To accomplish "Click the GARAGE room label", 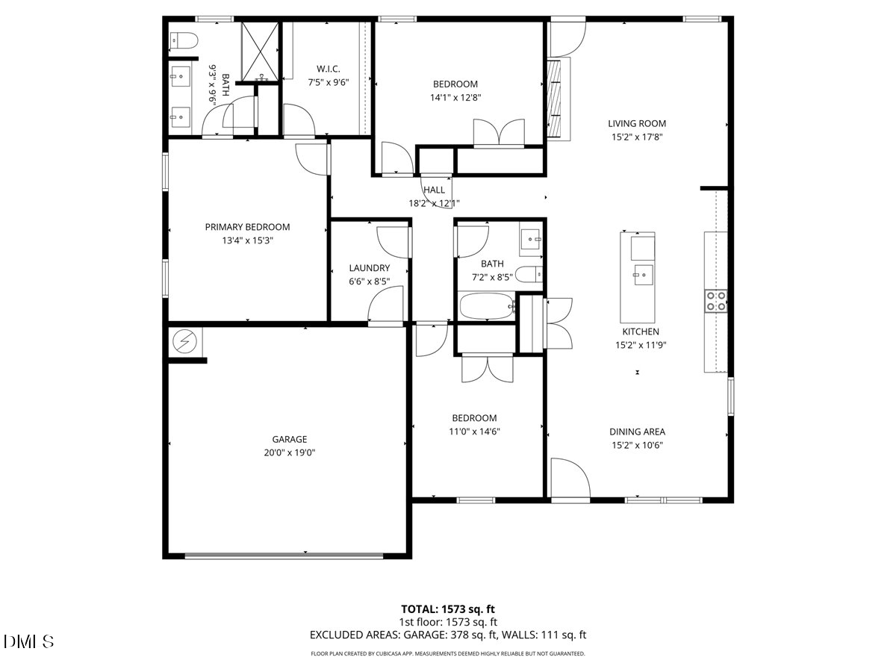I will pos(289,440).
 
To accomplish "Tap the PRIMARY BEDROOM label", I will pos(247,227).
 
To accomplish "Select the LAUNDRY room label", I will pos(369,268).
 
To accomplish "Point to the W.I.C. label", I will pos(329,69).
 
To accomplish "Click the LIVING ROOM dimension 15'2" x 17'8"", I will pos(636,137).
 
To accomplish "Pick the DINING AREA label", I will pos(637,432).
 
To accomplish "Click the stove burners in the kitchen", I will pos(716,300).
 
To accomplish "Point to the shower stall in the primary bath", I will pos(260,51).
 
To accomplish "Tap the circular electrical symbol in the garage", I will pos(184,342).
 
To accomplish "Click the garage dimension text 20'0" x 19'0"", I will pos(289,452).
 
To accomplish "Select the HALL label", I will pos(434,190).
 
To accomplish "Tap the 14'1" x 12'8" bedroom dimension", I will pos(454,97).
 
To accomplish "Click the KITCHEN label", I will pos(641,332).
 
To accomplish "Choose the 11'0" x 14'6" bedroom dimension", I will pos(474,431).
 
